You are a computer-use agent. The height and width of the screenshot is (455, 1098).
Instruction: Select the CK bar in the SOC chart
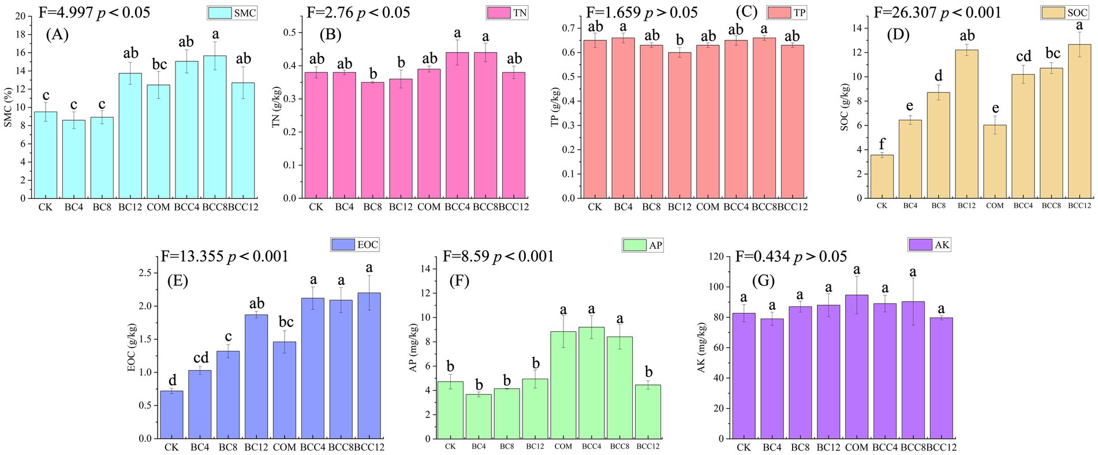coord(882,176)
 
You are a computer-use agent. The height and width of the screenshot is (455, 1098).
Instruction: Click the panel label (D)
coord(898,35)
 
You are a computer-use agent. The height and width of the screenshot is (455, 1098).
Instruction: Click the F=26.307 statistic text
coord(938,12)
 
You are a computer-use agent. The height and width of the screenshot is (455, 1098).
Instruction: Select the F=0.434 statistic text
coord(791,257)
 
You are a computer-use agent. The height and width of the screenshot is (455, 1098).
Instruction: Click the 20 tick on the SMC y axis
coord(21,16)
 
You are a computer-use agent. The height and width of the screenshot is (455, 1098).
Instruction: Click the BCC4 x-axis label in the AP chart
coord(591,446)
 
